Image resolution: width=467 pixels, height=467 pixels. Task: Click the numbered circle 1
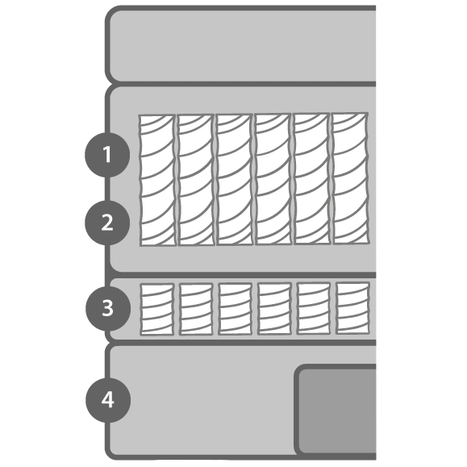tap(107, 155)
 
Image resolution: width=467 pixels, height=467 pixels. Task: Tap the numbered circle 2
tap(107, 223)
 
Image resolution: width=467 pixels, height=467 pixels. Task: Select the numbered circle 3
tap(108, 308)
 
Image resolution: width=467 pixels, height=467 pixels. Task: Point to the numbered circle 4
tap(108, 400)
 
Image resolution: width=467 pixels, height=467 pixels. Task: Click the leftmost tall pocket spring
tap(157, 181)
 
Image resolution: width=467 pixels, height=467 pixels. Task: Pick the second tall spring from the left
tap(196, 180)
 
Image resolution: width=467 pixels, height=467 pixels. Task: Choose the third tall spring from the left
tap(235, 180)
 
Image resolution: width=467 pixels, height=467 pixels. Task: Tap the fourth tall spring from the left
tap(273, 179)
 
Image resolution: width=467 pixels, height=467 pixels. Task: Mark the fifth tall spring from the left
tap(312, 179)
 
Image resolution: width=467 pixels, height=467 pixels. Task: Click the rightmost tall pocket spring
tap(351, 179)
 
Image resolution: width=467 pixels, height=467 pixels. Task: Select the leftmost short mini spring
tap(157, 309)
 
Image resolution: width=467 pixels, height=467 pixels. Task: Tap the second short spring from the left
tap(196, 309)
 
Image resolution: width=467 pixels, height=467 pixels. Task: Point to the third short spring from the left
tap(236, 309)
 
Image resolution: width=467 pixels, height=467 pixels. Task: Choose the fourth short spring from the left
tap(274, 309)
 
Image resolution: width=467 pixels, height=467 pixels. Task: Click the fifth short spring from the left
tap(314, 308)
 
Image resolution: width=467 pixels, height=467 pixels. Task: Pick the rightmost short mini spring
tap(353, 308)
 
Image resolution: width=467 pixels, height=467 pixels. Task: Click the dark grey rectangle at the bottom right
tap(336, 410)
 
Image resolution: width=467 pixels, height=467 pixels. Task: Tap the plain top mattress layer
tap(240, 44)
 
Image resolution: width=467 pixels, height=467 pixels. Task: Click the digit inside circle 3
tap(108, 308)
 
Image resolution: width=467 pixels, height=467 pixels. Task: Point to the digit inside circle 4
tap(108, 400)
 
